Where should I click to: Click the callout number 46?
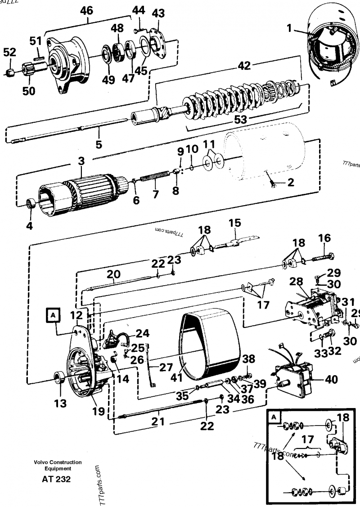click(86, 9)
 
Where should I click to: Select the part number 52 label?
click(9, 53)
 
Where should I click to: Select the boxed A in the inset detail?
click(273, 417)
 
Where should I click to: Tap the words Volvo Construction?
click(57, 462)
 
